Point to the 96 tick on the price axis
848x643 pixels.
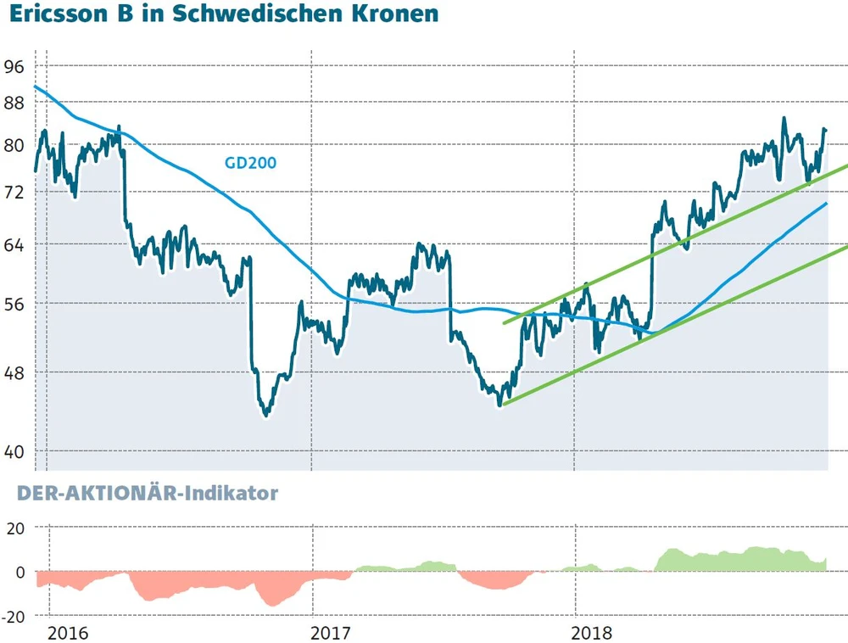(x=15, y=66)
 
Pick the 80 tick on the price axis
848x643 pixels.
(x=15, y=144)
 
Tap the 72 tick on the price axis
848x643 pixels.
(x=15, y=192)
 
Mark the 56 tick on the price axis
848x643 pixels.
(x=15, y=303)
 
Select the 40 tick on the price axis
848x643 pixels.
(x=15, y=451)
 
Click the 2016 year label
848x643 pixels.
(x=68, y=632)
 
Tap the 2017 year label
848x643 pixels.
(x=332, y=632)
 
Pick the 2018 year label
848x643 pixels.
(x=593, y=632)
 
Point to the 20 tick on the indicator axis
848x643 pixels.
(x=15, y=528)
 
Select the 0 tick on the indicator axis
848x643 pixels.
(x=20, y=572)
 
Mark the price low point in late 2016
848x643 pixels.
(x=266, y=415)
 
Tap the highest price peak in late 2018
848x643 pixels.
(x=784, y=119)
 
